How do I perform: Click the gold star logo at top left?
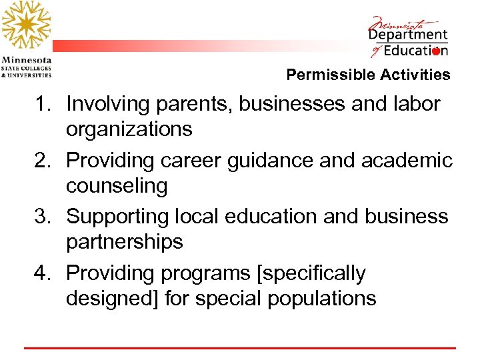point(26,25)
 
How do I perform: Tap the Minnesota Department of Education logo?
point(408,37)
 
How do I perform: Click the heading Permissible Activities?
point(368,75)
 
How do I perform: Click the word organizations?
point(129,129)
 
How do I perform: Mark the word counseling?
point(117,186)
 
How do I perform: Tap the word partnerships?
point(124,242)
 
